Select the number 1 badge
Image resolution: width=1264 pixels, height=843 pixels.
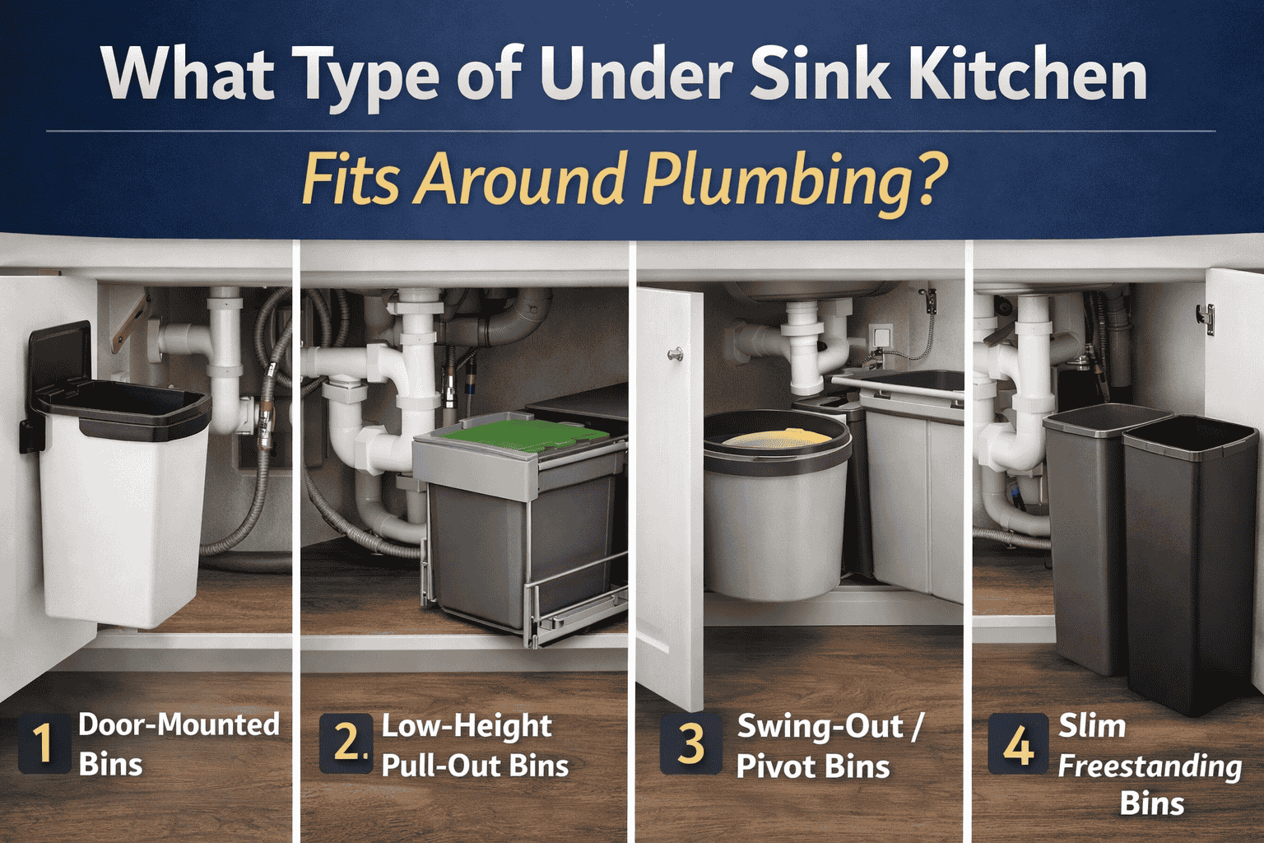point(42,743)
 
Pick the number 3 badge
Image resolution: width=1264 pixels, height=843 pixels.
point(690,744)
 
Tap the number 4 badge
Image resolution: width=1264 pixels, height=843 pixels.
point(1018,745)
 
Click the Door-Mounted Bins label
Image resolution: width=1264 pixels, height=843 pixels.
point(178,744)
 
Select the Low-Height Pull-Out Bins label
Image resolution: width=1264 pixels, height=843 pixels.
point(475,746)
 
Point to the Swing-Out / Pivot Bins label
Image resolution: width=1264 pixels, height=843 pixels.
point(829,746)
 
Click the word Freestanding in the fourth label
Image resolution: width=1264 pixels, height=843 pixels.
point(1150,766)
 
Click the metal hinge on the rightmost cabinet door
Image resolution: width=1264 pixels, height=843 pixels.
point(1206,318)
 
